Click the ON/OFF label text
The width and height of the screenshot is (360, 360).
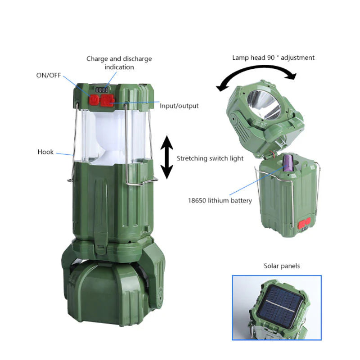pos(49,75)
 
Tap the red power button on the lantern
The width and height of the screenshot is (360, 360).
pos(94,100)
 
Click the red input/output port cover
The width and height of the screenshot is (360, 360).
pos(107,100)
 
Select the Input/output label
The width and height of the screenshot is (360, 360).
pos(179,106)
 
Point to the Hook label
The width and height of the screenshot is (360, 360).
pos(45,152)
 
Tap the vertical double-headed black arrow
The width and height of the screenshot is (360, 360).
pos(166,157)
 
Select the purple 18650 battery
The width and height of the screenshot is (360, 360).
pos(288,163)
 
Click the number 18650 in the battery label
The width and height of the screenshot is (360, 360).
pos(197,200)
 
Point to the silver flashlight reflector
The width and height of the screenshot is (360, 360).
pos(265,105)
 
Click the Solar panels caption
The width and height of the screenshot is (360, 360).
pos(282,266)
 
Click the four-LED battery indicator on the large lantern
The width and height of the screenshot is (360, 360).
pos(102,90)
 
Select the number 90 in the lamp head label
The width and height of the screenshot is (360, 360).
pos(271,58)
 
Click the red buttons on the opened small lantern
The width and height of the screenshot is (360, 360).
pos(304,223)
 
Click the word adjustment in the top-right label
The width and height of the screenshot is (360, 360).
pos(297,58)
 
